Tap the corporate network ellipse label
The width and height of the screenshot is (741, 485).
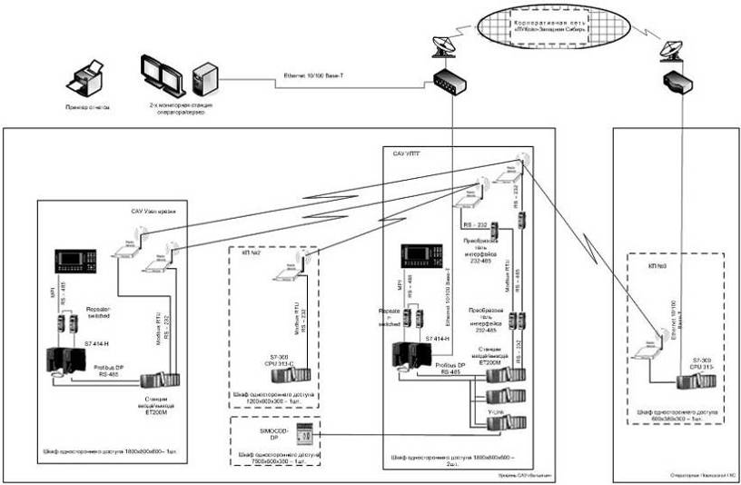tap(552, 25)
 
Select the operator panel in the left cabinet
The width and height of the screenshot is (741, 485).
tap(79, 262)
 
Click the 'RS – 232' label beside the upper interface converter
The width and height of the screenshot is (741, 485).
tap(473, 223)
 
